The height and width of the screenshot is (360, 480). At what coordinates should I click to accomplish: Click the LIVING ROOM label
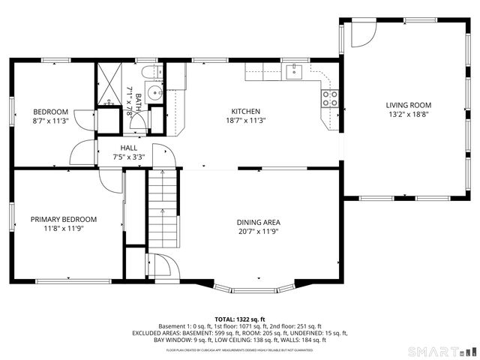point(409,105)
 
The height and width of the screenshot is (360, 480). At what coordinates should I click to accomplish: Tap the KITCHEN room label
point(245,110)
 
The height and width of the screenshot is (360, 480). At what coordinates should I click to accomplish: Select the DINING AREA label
point(259,222)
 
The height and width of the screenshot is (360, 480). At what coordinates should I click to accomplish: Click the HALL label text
point(127,148)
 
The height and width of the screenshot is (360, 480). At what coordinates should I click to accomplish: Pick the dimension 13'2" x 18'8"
point(409,115)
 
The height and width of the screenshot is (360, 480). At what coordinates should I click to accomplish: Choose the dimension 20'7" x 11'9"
point(259,231)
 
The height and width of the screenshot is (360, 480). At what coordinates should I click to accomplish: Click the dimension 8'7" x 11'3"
point(50,120)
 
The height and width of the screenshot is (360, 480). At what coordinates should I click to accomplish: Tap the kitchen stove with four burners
point(329,98)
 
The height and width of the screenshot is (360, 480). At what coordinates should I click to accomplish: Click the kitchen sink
point(293,71)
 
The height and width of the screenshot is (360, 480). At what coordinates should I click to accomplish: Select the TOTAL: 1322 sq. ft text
point(240,319)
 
